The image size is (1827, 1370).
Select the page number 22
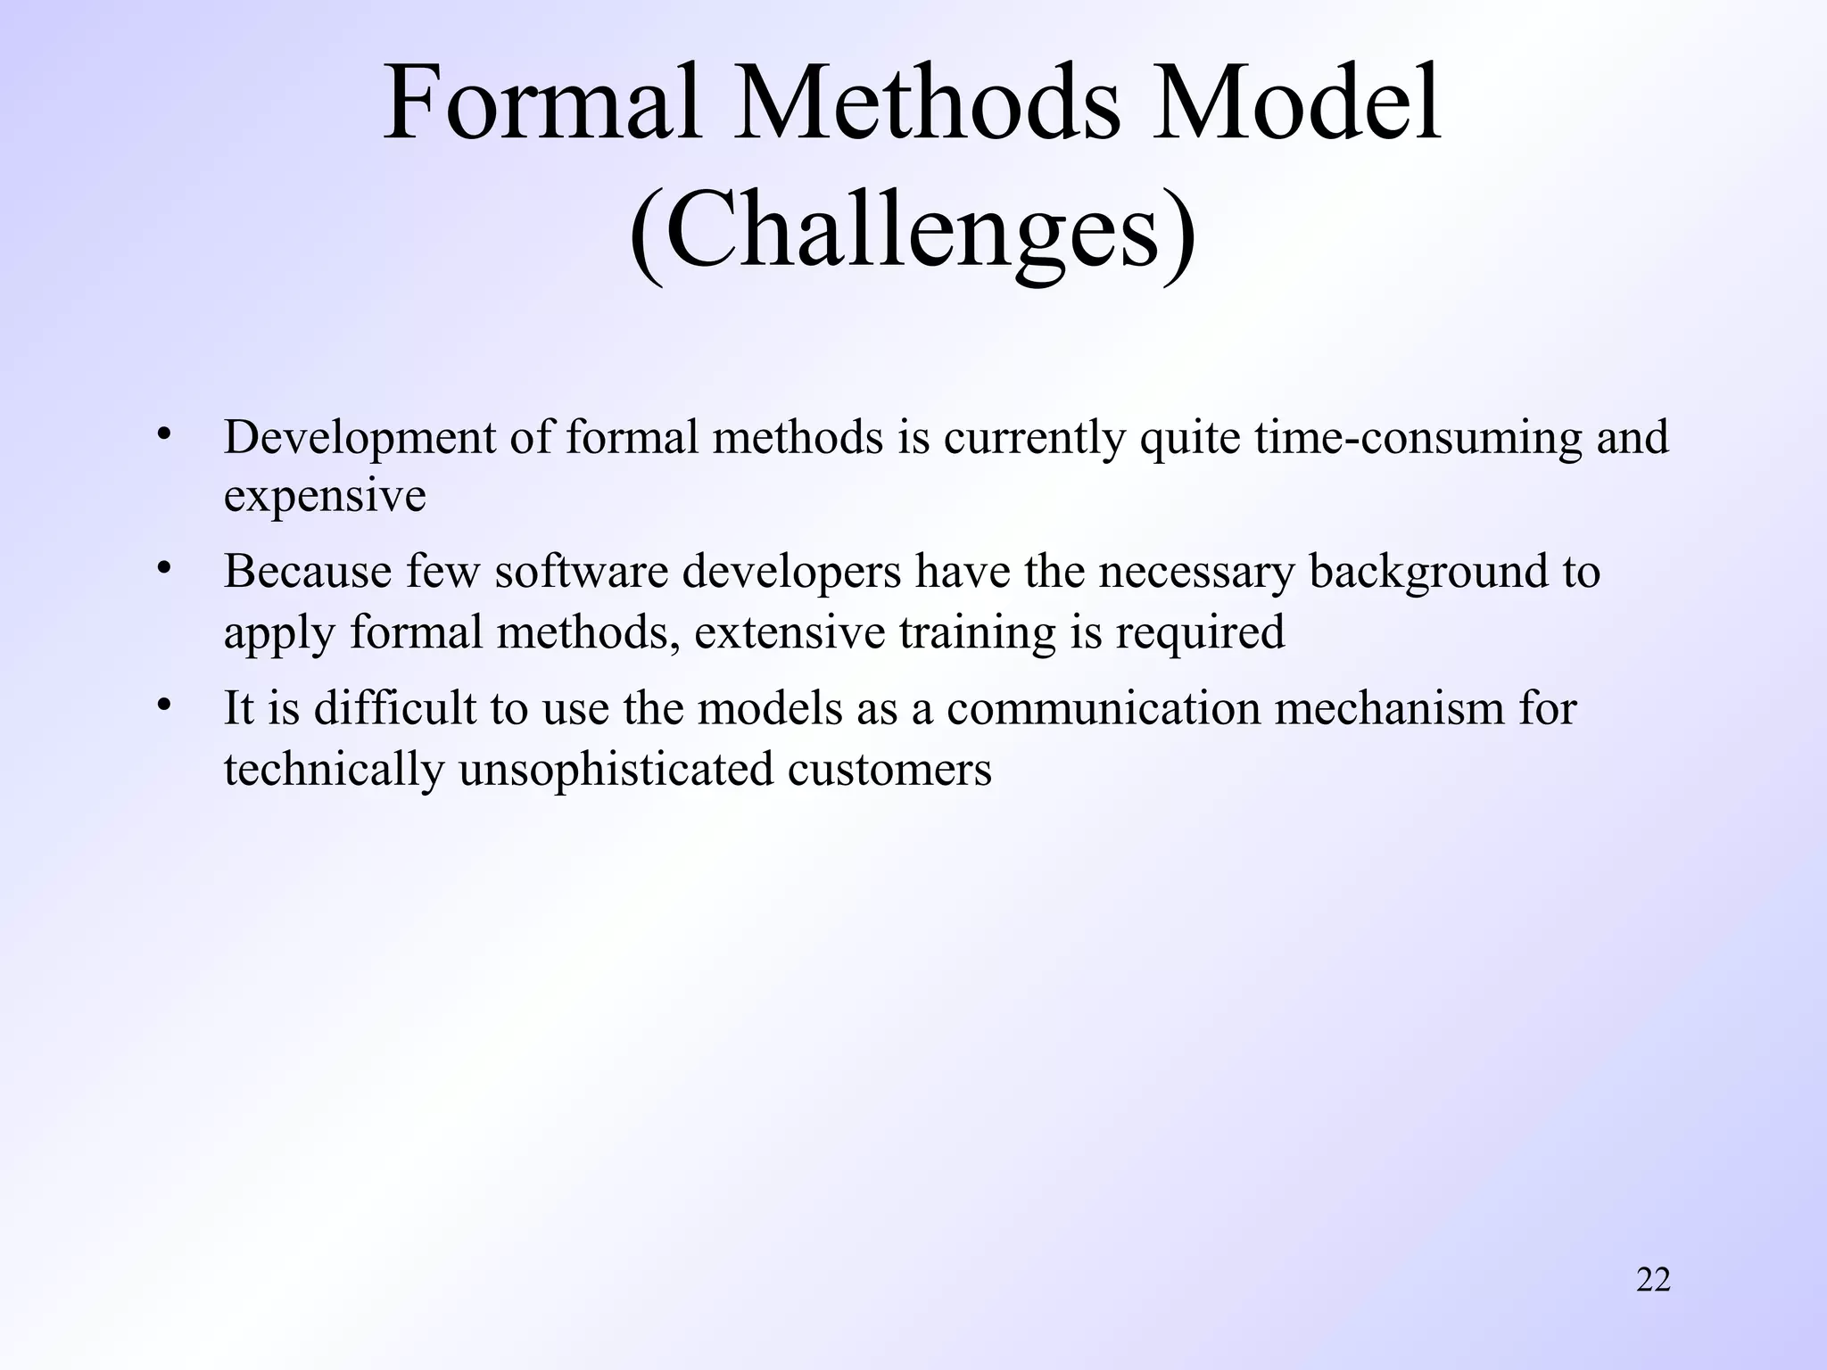tap(1653, 1280)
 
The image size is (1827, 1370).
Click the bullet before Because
tap(162, 568)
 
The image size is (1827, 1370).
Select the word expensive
tap(325, 496)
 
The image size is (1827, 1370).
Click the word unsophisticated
tap(616, 769)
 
